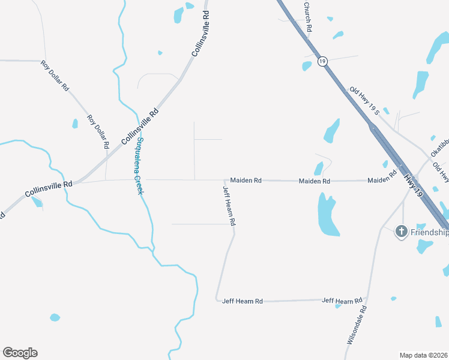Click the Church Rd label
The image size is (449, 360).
[x=308, y=17]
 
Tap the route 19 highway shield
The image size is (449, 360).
[x=322, y=61]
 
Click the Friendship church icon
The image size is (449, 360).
[x=402, y=231]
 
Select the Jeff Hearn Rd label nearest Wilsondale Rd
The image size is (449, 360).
[x=343, y=300]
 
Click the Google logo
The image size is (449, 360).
[x=20, y=352]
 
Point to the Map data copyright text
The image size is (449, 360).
[x=423, y=355]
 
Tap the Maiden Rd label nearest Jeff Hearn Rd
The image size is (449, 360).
[x=246, y=180]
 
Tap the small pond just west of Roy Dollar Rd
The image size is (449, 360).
[x=75, y=124]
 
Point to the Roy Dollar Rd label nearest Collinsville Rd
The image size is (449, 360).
[x=98, y=131]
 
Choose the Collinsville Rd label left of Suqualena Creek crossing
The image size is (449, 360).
[x=48, y=189]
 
